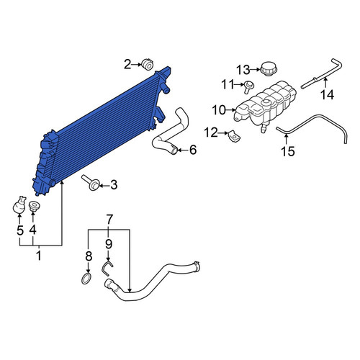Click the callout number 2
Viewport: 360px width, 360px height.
[x=127, y=64]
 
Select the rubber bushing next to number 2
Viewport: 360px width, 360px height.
[x=147, y=64]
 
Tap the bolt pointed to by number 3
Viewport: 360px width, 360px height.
[x=91, y=183]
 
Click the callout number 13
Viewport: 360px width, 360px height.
[x=243, y=70]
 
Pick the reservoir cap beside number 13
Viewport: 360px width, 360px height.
[x=269, y=68]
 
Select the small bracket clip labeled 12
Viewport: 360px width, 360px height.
[x=234, y=136]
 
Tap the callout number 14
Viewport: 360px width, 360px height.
[x=328, y=95]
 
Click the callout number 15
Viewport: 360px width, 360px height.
[x=287, y=151]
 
